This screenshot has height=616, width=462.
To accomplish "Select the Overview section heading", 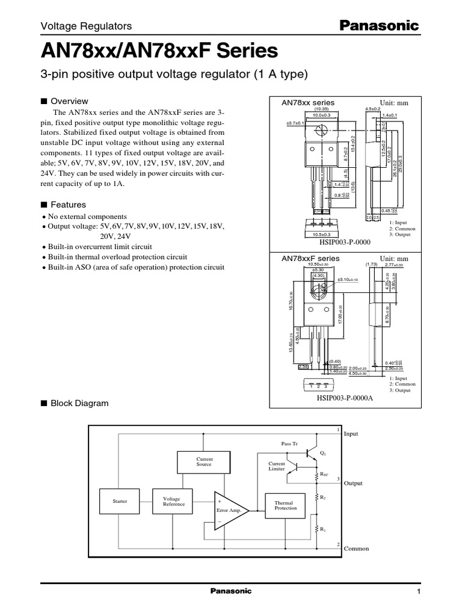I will pos(69,101).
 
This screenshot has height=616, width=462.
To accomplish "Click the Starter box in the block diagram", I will pos(120,501).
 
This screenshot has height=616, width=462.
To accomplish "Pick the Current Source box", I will pos(205,462).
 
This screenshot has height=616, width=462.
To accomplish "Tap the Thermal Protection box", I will pos(286,505).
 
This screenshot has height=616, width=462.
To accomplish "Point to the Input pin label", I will pos(351,433).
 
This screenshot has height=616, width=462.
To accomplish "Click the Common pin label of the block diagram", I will pos(356,549).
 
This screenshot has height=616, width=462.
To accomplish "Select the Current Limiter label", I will pos(277,467).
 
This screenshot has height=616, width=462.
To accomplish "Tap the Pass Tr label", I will pos(289,443).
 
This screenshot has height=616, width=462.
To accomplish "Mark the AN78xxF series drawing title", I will pos(310,258).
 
